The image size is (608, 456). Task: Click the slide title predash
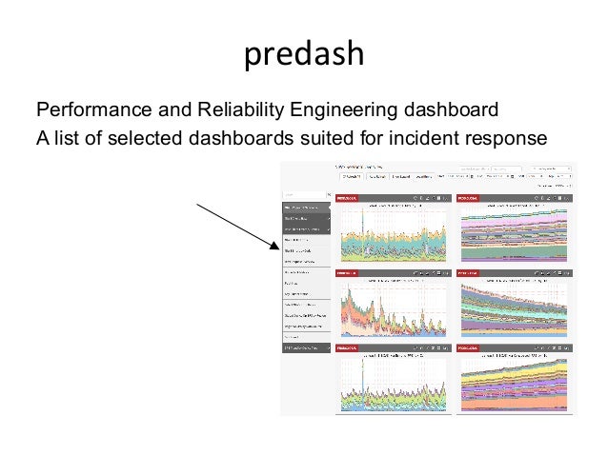[304, 55]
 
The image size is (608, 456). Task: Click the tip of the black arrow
[277, 247]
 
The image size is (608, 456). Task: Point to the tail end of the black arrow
[197, 203]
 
